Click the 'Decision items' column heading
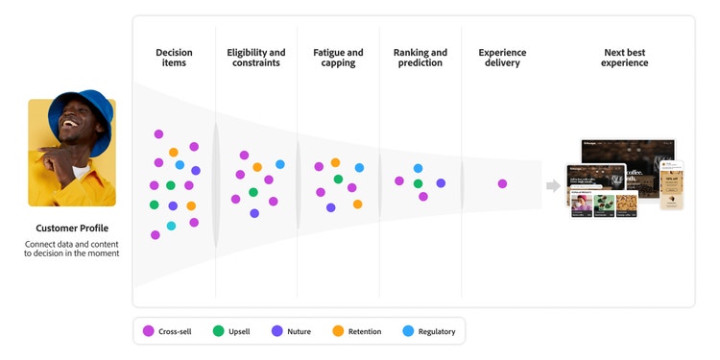174,58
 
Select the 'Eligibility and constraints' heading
255,58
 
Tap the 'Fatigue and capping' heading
338,58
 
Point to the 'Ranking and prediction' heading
420,58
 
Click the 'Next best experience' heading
626,58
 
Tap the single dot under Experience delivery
502,183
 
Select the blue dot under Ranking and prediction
418,169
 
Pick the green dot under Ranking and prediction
418,183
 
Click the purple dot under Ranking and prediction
441,182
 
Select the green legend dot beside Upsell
218,331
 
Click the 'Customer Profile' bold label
72,228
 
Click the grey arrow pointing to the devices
553,184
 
